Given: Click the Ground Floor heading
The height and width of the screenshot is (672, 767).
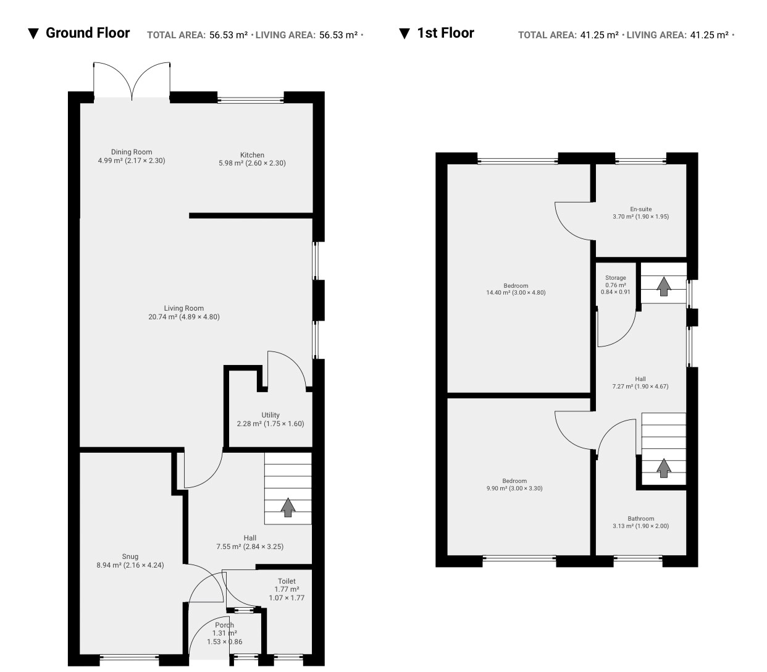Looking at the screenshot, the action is tap(88, 33).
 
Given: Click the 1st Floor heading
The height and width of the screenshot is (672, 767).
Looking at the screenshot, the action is tap(445, 33).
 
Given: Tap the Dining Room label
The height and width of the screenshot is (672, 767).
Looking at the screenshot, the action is tap(132, 152).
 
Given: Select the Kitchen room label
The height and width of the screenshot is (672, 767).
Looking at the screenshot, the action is tap(252, 155).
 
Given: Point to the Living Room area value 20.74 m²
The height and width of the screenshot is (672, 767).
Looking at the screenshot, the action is tap(162, 317).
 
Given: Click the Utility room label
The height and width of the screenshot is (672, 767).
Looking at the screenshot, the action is tap(270, 415).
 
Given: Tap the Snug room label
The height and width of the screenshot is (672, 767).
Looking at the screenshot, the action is tap(130, 556).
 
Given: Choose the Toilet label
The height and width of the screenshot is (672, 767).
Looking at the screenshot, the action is tap(287, 581).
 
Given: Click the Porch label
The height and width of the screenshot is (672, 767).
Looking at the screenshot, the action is tap(225, 625).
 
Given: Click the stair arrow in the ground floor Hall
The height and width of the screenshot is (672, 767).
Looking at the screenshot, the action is tap(288, 507).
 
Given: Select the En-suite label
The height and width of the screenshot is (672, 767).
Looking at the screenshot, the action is tap(641, 209).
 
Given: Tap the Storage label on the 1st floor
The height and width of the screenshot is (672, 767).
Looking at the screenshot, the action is tap(616, 277).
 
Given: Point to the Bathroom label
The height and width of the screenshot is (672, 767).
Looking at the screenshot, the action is tap(641, 518).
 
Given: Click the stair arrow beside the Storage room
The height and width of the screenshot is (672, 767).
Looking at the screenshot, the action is tap(664, 286).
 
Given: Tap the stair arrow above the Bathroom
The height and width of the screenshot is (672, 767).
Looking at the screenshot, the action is tap(664, 468).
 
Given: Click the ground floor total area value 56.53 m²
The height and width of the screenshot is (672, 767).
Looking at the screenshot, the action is tap(228, 35).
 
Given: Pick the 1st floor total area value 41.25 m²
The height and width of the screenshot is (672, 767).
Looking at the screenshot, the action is tap(599, 35).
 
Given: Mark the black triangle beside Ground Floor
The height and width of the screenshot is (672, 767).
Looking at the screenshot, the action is tap(33, 34).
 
